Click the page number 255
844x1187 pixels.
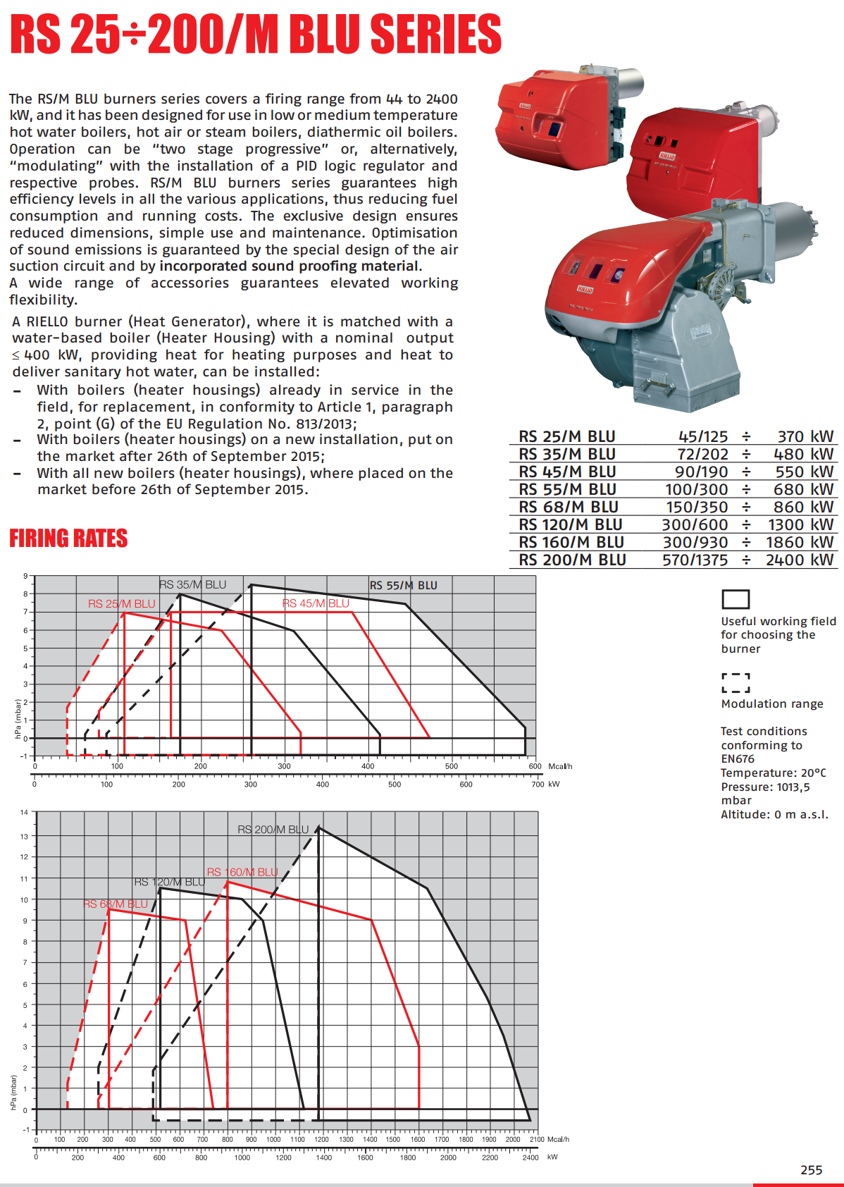pos(811,1169)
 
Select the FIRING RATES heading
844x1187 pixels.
pos(68,539)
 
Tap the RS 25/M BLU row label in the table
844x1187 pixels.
pos(567,436)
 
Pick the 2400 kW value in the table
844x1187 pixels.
pos(799,560)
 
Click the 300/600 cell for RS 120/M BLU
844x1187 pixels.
pos(695,524)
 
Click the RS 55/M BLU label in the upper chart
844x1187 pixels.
pos(404,585)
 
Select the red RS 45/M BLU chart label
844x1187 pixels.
pos(316,603)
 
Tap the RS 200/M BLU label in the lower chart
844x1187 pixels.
pos(273,830)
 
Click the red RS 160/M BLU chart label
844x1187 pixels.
pos(242,872)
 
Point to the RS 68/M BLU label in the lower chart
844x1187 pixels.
pos(116,904)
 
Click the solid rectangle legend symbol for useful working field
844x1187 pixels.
pos(736,598)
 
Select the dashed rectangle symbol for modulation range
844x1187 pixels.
pos(736,682)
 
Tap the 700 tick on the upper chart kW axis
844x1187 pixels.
pos(538,784)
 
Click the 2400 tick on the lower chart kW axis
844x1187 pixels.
pos(530,1157)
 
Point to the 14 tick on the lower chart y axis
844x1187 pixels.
pos(24,813)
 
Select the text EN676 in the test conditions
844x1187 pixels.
pos(738,758)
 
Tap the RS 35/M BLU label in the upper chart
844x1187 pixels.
pos(192,584)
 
